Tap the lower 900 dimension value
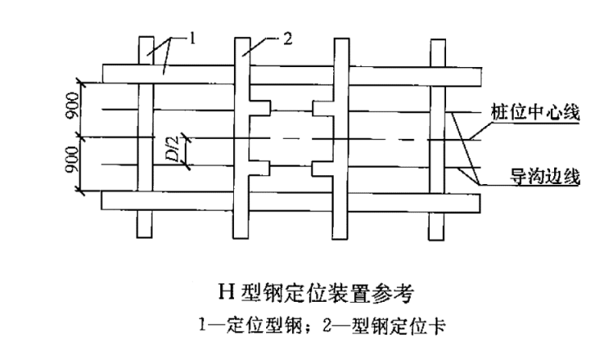(x=73, y=165)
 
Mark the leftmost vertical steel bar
(x=144, y=137)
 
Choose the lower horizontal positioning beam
(x=290, y=200)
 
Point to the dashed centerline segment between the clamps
(x=290, y=138)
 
